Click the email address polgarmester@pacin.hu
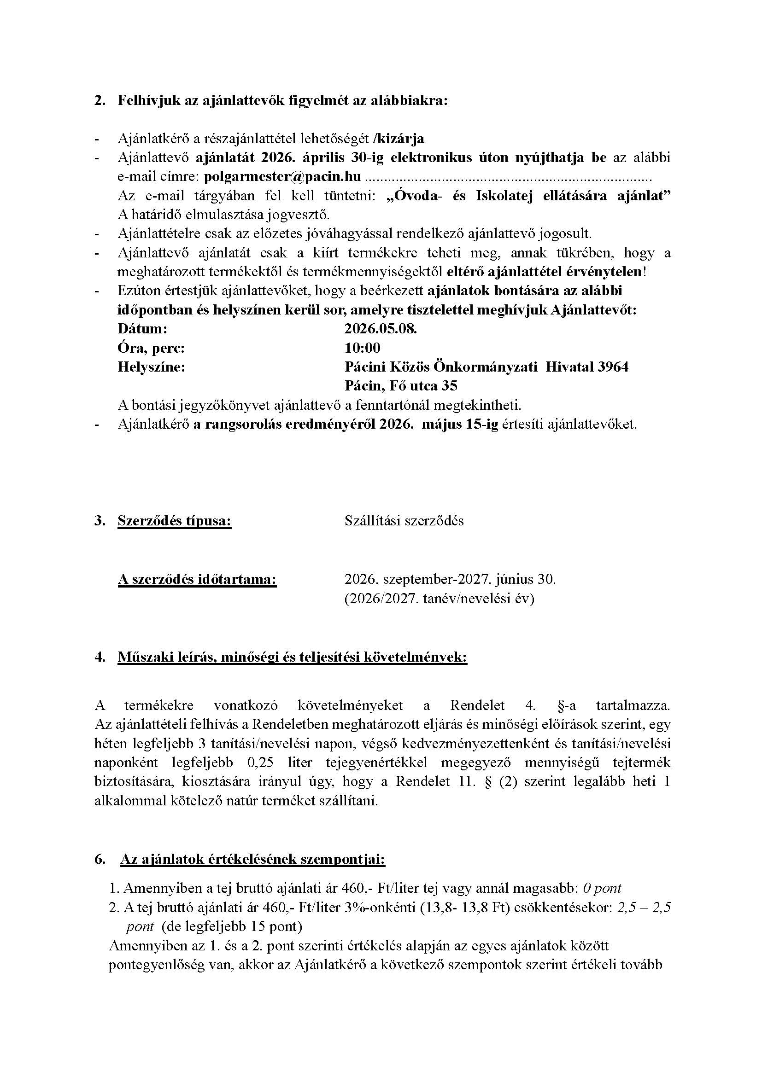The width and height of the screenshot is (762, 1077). [x=283, y=176]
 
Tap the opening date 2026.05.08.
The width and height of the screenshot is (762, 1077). [x=381, y=329]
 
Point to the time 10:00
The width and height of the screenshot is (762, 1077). [x=362, y=348]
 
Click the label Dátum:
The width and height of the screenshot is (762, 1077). [x=142, y=329]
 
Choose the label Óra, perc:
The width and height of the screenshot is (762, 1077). [x=151, y=348]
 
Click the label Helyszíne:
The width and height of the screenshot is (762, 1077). [x=151, y=367]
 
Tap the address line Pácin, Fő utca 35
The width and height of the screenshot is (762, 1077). [x=401, y=385]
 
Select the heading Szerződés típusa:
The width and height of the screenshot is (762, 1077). [x=175, y=521]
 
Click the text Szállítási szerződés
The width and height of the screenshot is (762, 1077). [x=404, y=521]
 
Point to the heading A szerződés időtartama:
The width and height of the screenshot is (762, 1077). [x=197, y=579]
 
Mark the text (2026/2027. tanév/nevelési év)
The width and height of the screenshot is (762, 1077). [x=439, y=599]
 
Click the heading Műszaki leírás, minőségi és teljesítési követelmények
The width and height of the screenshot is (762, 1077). [x=293, y=657]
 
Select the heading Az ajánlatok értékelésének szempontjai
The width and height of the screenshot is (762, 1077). [x=253, y=859]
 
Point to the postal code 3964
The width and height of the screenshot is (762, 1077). [x=613, y=367]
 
